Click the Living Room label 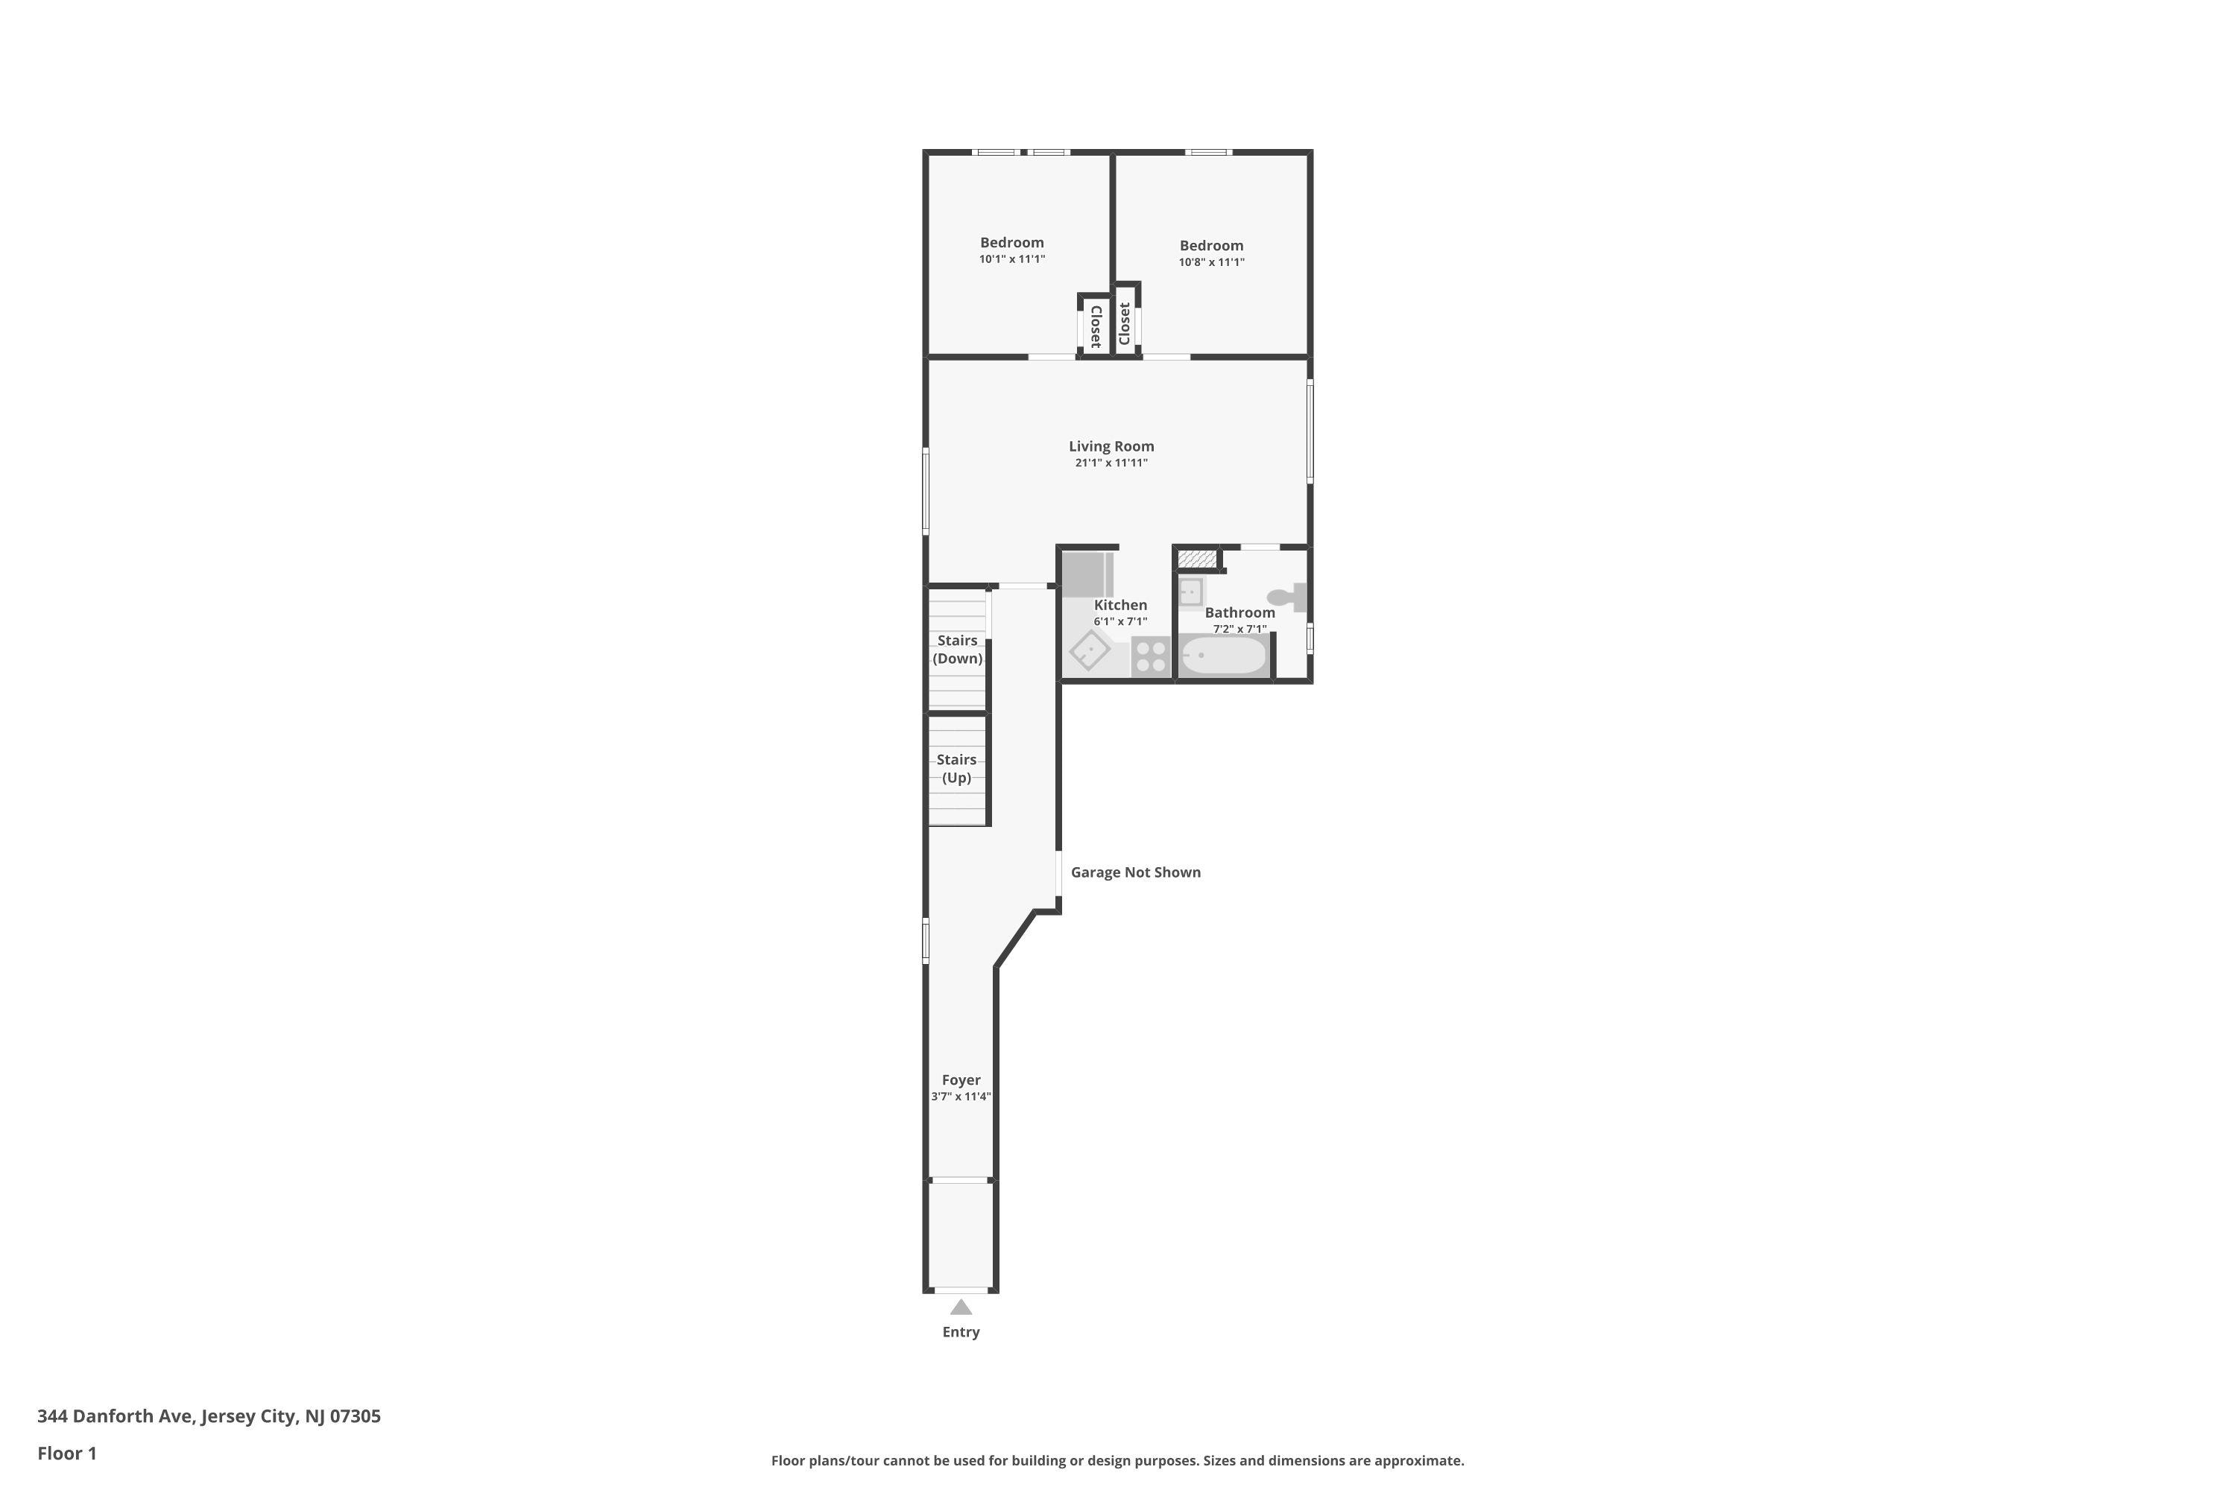(x=1111, y=446)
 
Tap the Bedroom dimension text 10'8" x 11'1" (x=1211, y=262)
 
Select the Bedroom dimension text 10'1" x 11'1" (x=1011, y=259)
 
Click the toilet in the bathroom (x=1288, y=597)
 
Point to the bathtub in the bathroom (x=1224, y=655)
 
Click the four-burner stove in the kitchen (x=1150, y=656)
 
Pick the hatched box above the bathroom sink (x=1197, y=559)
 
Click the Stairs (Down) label (x=957, y=649)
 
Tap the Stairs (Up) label (x=956, y=768)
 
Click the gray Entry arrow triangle (x=961, y=1307)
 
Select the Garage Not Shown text (x=1135, y=872)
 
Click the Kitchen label (x=1120, y=604)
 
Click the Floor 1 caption (x=66, y=1453)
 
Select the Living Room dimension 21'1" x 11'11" (x=1111, y=463)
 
